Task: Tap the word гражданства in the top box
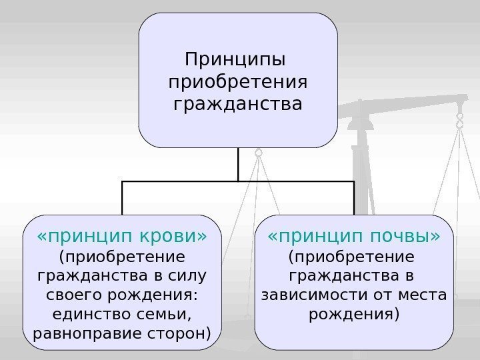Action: coord(237,105)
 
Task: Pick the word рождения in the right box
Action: coord(354,313)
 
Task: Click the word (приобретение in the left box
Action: coord(121,257)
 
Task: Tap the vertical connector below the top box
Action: coord(238,163)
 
